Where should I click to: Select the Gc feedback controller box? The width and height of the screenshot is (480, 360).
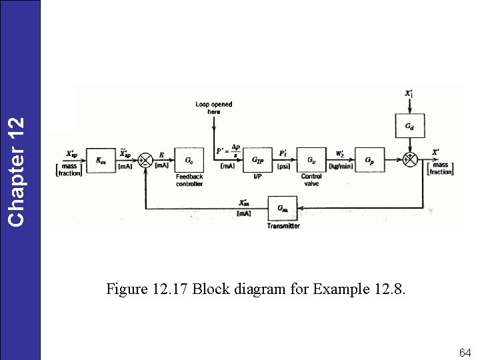[x=189, y=161]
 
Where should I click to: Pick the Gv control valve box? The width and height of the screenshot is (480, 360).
[x=311, y=161]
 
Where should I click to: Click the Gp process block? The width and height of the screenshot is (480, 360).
[x=369, y=161]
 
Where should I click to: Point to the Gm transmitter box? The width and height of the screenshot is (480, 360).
[x=283, y=208]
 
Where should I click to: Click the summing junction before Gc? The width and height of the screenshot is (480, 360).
[x=145, y=161]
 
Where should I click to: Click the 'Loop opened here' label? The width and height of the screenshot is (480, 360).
[x=213, y=108]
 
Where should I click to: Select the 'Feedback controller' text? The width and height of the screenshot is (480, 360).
[x=189, y=180]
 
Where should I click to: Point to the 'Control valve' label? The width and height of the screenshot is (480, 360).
[x=311, y=180]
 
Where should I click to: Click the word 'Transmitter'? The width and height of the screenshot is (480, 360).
[x=283, y=226]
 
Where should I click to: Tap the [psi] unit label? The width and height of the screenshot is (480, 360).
[x=283, y=165]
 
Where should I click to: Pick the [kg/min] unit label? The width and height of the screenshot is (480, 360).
[x=341, y=165]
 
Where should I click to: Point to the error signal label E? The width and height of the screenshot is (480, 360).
[x=161, y=155]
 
